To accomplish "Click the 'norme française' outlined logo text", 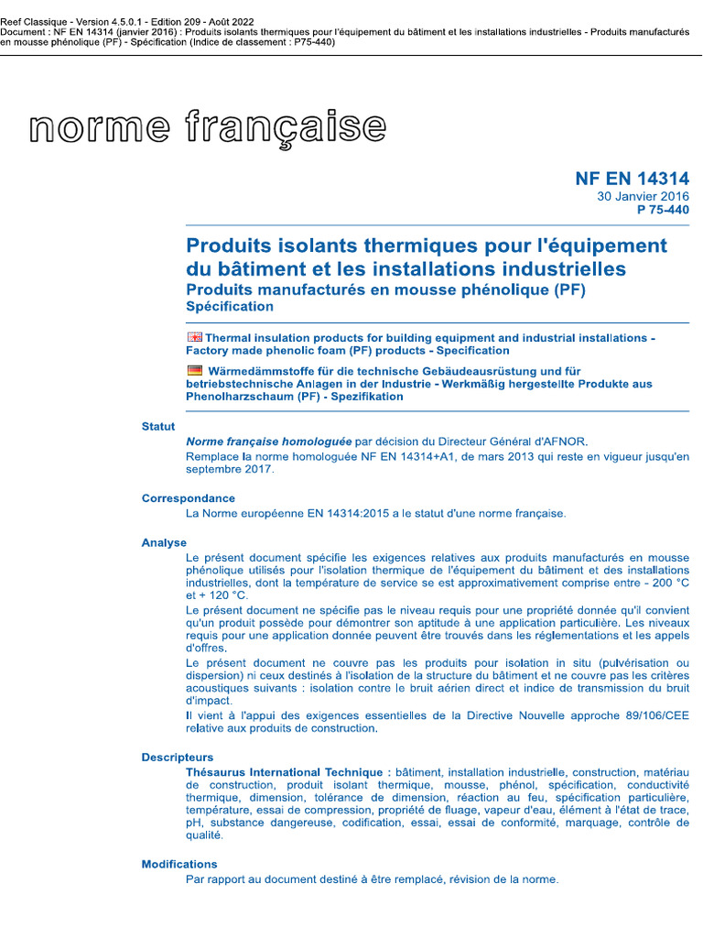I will [208, 127].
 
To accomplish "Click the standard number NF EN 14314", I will [632, 179].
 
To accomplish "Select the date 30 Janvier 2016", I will [644, 196].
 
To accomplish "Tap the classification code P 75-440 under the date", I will [663, 210].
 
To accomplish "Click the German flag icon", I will [194, 370].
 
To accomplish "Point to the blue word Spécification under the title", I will [230, 307].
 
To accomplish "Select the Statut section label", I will [158, 427].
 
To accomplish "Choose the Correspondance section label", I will [189, 498].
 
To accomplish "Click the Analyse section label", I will [164, 543].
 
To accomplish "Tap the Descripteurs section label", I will [178, 758].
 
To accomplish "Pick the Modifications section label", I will [179, 865].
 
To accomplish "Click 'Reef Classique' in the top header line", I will [35, 21].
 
